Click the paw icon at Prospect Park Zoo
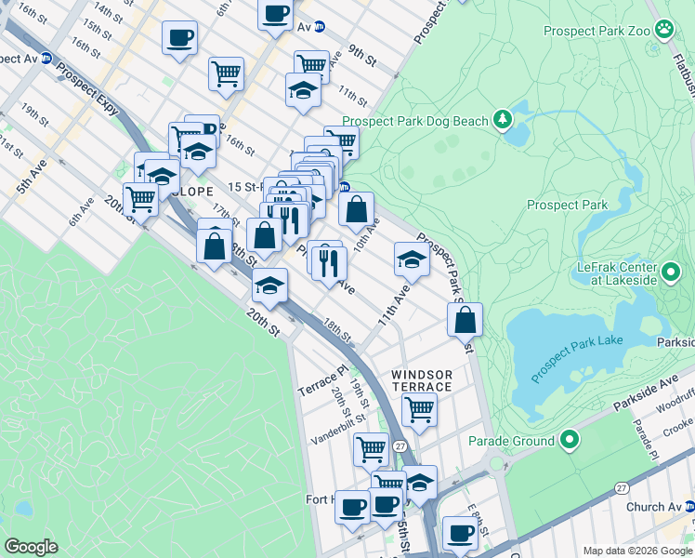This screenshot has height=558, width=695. [664, 29]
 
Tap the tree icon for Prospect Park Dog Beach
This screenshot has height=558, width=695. [503, 119]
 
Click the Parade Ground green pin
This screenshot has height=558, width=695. [570, 440]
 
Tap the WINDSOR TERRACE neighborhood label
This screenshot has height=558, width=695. [421, 379]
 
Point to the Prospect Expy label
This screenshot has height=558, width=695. [87, 88]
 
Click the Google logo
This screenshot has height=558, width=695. [31, 547]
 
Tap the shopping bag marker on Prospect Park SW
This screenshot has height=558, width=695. [466, 320]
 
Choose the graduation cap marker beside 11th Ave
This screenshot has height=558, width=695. [412, 259]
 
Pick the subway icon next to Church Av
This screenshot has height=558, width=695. [689, 507]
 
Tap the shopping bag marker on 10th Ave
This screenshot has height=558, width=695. [357, 210]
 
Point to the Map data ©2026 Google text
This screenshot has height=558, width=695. [637, 551]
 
